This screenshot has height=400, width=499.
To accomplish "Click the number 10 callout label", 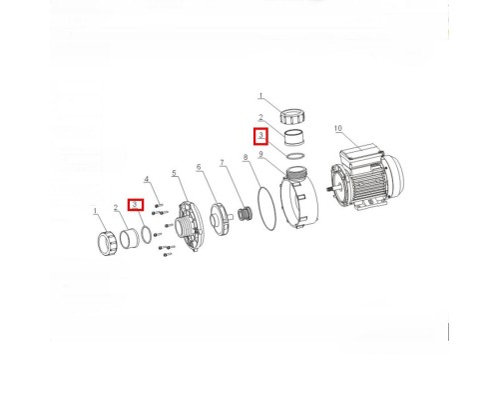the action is pos(338,128).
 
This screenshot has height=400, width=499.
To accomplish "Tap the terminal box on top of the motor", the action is pos(360,156).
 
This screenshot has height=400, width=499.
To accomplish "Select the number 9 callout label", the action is pos(260,154).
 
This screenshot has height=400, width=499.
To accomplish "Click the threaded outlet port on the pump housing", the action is pos(295,173).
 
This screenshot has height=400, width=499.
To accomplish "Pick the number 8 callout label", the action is pos(246,157).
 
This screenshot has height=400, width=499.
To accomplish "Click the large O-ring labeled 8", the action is pos(266,209).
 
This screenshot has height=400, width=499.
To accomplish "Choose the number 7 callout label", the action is pos(222,163).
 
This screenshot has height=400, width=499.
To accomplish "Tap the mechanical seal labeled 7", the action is pos(246,214).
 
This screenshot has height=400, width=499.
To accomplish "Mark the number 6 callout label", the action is pos(199,167).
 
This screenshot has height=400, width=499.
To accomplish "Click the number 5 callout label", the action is pos(174,173).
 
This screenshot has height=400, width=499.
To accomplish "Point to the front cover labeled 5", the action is pos(189,226).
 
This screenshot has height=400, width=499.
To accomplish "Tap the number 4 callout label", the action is pos(147,179).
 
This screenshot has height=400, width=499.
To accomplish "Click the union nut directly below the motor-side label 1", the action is pos(292,116).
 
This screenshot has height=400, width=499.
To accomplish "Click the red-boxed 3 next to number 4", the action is pos(136,205).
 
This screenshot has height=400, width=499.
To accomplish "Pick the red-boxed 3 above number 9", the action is pos(261,137).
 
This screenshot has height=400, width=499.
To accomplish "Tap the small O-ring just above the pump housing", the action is pos(295,156).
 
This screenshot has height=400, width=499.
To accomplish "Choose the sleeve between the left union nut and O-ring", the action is pos(130,238).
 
